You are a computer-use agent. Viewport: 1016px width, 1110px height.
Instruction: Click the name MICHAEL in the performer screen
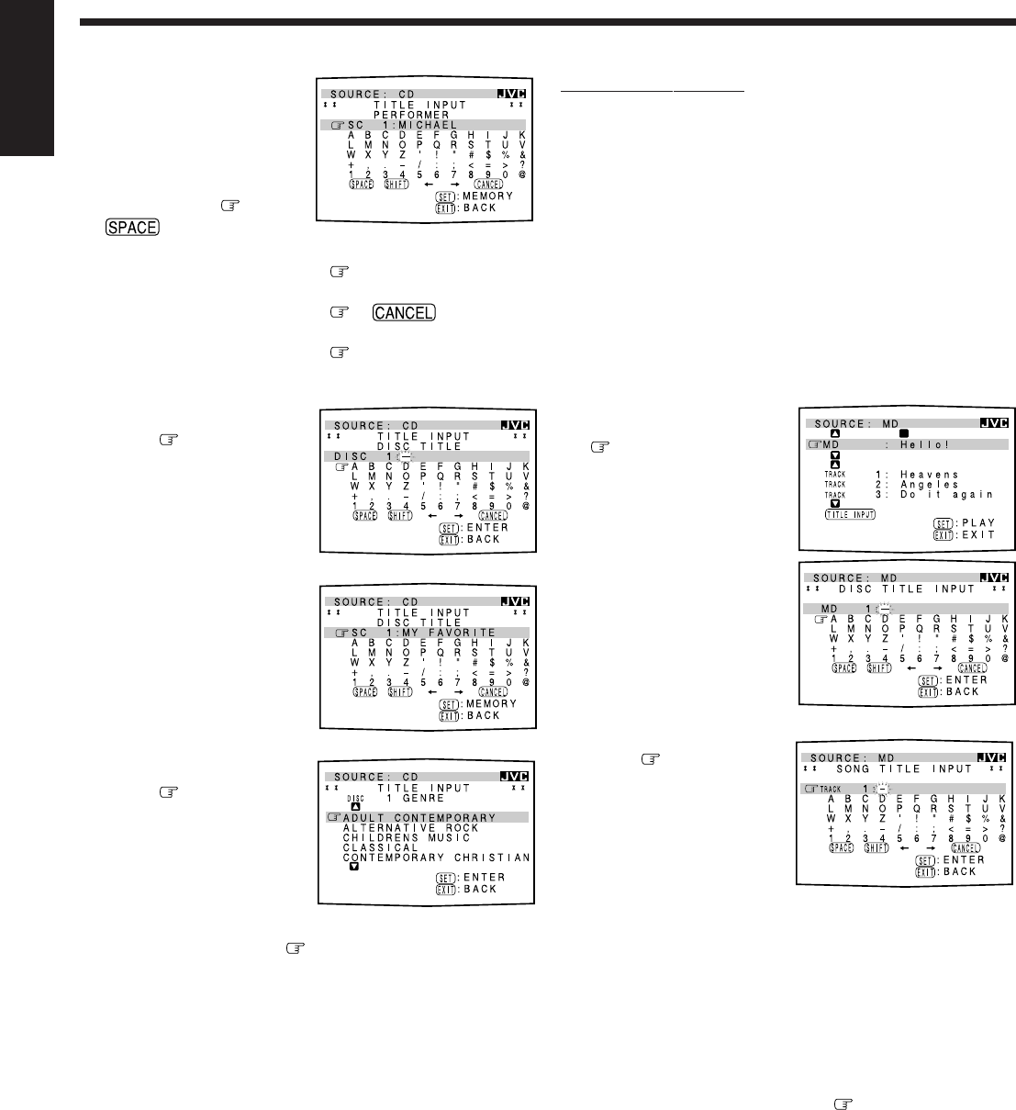tap(428, 125)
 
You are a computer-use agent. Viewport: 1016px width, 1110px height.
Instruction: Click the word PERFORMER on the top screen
tap(410, 115)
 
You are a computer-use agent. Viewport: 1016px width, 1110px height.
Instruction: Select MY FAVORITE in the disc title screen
tap(450, 633)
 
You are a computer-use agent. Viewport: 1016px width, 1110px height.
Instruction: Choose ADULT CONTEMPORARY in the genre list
tap(419, 818)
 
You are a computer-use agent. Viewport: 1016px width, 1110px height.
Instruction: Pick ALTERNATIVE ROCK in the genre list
tap(411, 828)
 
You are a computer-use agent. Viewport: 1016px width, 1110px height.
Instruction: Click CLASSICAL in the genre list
tap(380, 847)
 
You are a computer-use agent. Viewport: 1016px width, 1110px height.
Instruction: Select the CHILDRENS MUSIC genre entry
tap(407, 837)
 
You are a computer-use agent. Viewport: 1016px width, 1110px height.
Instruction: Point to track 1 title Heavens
tap(930, 474)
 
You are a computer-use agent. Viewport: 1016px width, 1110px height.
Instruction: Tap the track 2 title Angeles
tap(929, 484)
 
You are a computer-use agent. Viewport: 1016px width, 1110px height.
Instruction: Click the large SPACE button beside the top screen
tap(132, 227)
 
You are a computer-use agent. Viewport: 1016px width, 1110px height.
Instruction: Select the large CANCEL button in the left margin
tap(403, 312)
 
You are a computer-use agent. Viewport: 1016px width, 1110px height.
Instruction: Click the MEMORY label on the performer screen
tap(488, 196)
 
